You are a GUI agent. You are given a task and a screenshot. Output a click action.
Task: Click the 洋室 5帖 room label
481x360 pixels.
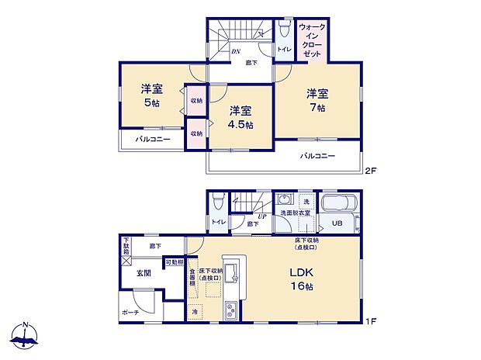pos(151,95)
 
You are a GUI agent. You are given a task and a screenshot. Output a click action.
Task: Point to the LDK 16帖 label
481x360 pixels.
pos(301,279)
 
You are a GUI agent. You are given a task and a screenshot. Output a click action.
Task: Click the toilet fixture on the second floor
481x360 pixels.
pos(285,30)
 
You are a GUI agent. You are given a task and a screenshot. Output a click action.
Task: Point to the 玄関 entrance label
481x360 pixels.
pos(144,273)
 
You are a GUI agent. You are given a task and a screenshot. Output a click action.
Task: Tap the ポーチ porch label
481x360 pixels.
pos(130,313)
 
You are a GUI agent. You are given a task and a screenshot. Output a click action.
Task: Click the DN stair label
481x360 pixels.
pos(236,51)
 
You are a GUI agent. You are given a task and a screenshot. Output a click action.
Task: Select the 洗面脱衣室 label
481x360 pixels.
pos(296,213)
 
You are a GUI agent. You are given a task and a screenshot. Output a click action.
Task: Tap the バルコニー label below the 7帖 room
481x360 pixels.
pos(318,156)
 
